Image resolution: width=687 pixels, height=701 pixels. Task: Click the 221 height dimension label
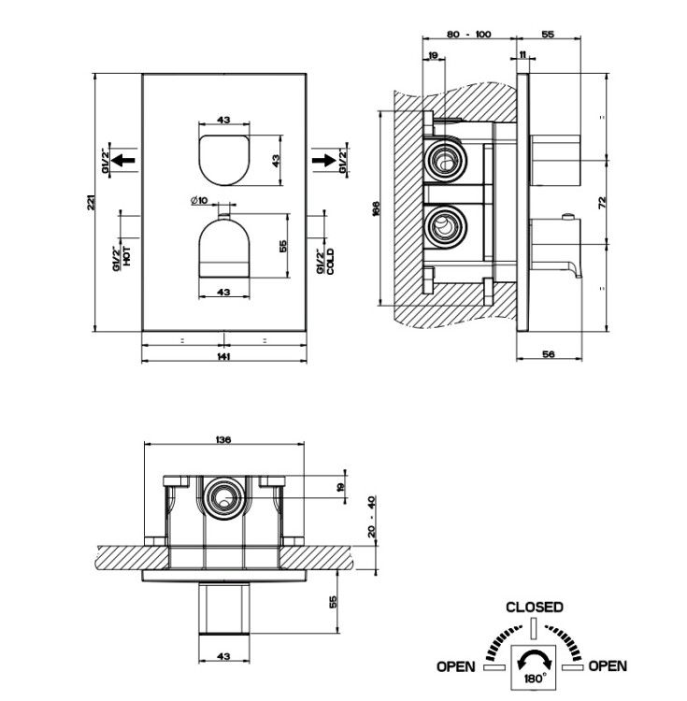coord(91,203)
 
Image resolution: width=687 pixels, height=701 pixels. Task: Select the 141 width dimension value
coord(223,356)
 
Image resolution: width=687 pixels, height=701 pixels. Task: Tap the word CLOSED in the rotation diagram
coord(534,608)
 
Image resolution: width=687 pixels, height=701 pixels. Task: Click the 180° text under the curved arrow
coord(535,678)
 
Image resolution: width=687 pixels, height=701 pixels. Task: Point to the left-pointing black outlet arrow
coord(123,160)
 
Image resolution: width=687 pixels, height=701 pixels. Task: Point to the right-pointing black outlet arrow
coord(324,160)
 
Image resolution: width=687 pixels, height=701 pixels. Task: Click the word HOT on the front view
coord(127,256)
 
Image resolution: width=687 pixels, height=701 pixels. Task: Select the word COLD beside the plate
coord(330,262)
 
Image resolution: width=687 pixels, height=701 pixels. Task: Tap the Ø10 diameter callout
coord(199,200)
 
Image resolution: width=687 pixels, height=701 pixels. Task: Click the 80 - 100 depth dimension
coord(468,35)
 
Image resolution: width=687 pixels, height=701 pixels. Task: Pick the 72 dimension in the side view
coord(602,203)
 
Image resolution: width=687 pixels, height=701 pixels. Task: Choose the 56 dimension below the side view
coord(549,354)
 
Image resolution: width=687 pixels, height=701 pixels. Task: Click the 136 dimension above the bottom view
coord(223,440)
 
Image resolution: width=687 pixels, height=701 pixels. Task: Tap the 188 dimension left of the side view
coord(375,208)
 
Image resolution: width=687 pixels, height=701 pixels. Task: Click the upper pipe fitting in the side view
coord(445,159)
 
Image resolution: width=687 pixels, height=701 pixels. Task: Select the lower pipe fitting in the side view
coord(445,226)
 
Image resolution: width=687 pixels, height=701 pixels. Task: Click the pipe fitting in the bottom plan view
coord(224,498)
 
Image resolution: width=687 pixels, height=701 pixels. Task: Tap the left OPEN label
coord(455,666)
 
